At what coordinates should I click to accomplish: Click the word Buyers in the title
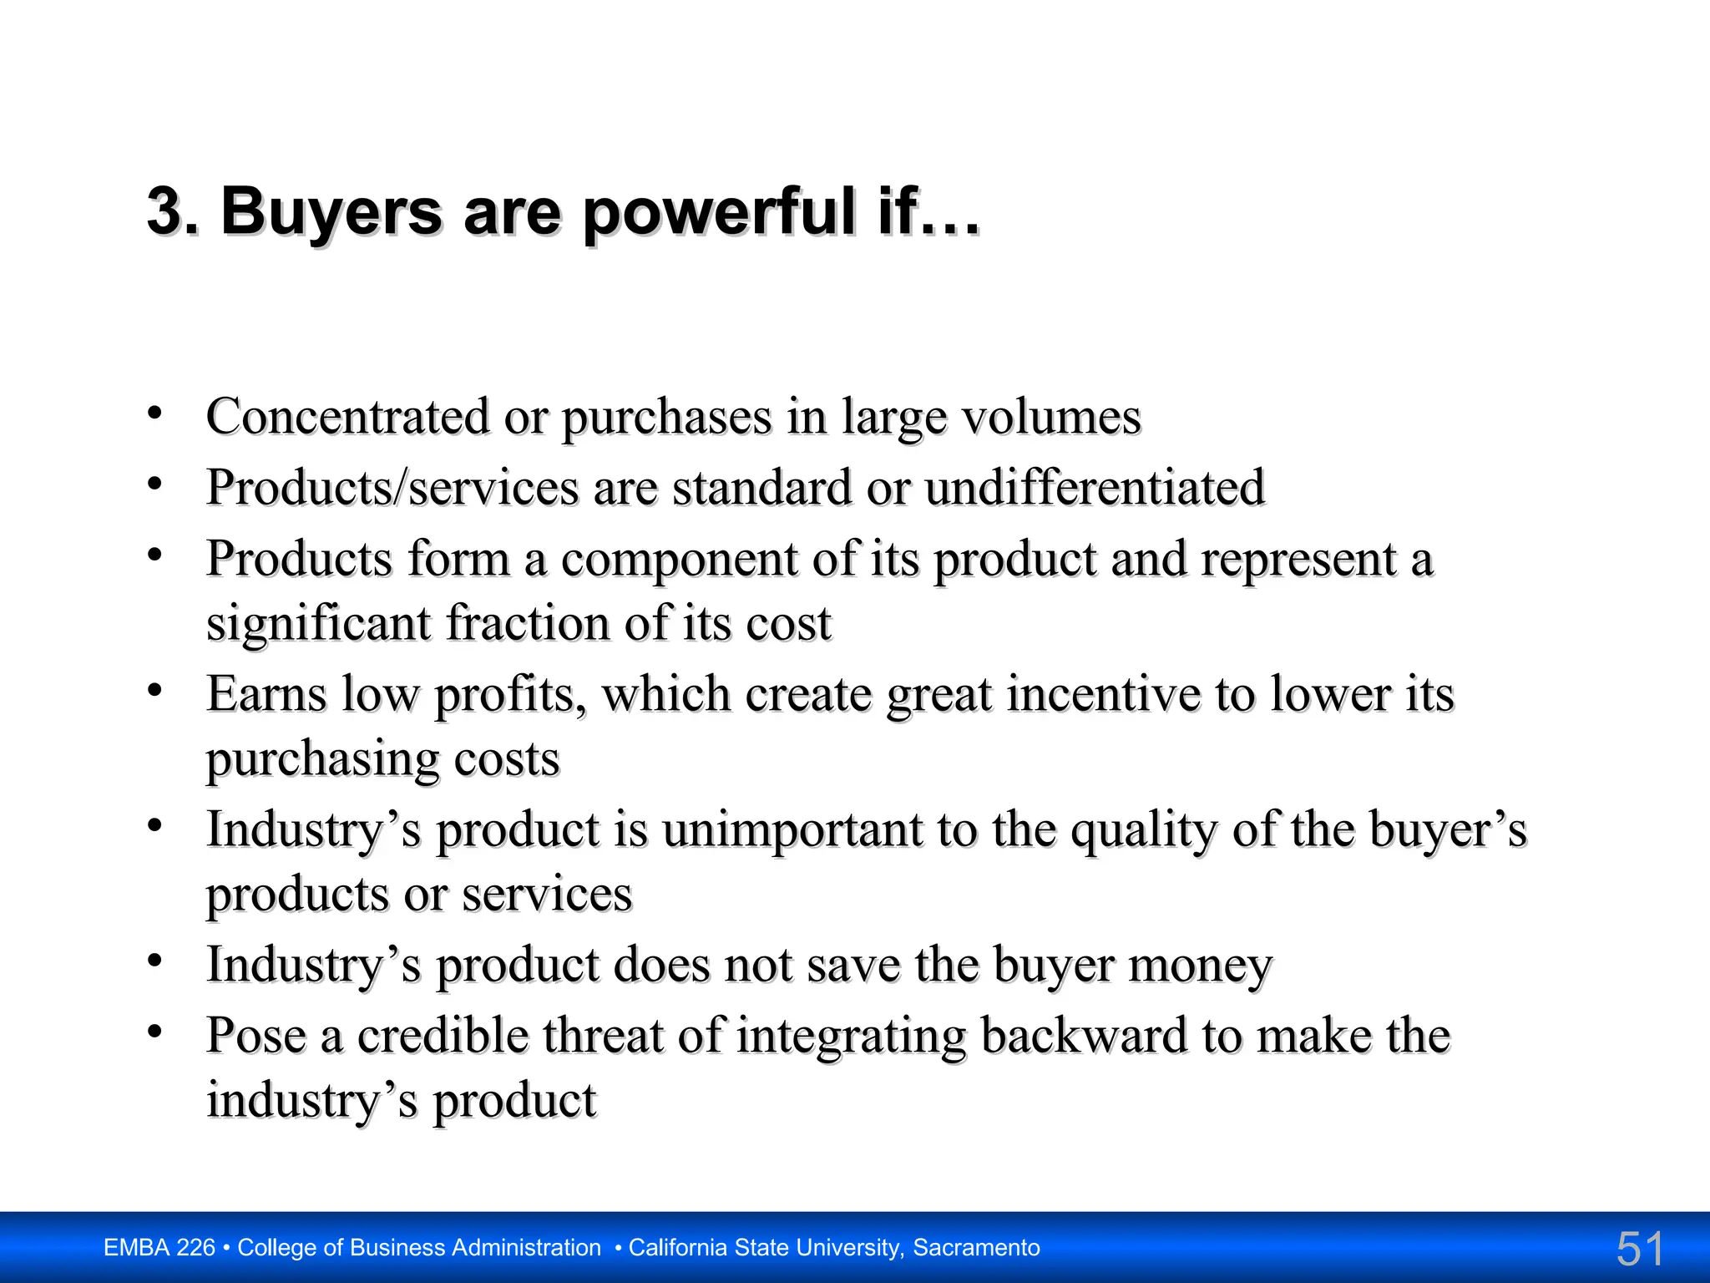pos(331,211)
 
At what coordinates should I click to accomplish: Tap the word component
pos(679,559)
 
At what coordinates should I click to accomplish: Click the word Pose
pos(255,1036)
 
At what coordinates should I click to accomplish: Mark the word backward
pos(1084,1036)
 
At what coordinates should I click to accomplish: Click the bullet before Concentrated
pos(154,413)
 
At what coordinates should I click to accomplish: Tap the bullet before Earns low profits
pos(154,691)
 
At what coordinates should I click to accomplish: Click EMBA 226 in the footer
pos(159,1248)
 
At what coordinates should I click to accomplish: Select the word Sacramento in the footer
pos(976,1248)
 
